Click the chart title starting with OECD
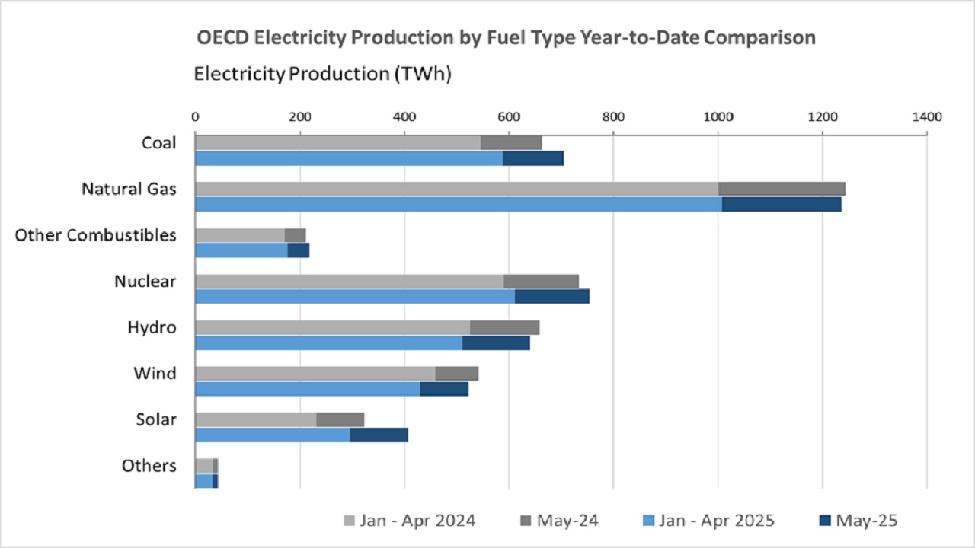[x=506, y=38]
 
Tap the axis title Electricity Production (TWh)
[x=323, y=74]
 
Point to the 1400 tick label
[x=926, y=117]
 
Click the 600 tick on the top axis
[x=509, y=117]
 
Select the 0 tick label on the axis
[x=195, y=117]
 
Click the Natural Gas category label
[x=129, y=189]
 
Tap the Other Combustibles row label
[x=95, y=235]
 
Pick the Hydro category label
[x=152, y=327]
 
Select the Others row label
[x=149, y=466]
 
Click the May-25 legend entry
[x=867, y=521]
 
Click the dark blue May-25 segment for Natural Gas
[x=782, y=204]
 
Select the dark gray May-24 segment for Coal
[x=511, y=142]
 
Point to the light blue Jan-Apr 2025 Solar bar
[x=272, y=435]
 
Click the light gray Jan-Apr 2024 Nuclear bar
[x=349, y=281]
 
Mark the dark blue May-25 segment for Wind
[x=443, y=389]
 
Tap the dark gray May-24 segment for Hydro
[x=504, y=327]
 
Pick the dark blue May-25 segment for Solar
[x=379, y=435]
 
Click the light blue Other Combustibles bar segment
[x=241, y=250]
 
